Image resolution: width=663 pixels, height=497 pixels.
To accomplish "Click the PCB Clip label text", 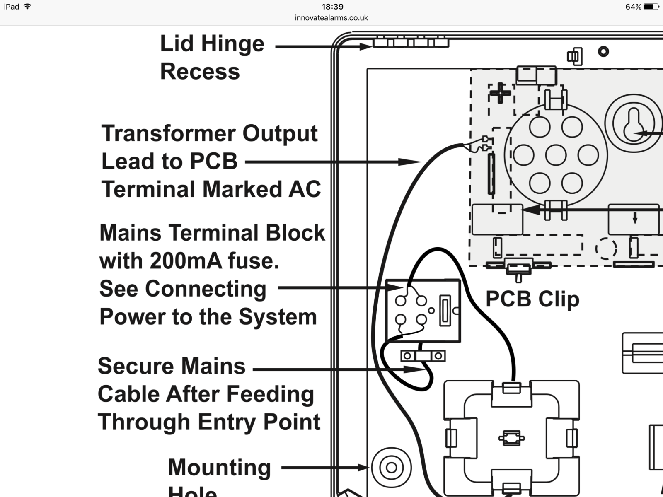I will (532, 299).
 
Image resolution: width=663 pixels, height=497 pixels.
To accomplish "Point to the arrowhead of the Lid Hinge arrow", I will (366, 47).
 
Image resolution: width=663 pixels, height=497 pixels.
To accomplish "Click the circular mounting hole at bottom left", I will (392, 468).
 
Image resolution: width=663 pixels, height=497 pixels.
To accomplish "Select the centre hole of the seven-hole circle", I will (556, 156).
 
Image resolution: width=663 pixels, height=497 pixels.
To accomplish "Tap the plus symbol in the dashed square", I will (500, 93).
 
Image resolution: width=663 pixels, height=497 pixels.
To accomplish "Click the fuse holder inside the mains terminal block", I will (445, 311).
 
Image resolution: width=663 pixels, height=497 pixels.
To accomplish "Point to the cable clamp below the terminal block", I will (423, 356).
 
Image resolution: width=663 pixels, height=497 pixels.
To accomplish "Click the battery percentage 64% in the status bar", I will (633, 7).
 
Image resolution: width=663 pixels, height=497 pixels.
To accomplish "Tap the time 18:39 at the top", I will (332, 7).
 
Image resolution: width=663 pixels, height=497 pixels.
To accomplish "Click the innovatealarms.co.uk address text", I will (331, 18).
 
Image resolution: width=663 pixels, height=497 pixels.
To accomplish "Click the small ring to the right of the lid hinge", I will (603, 51).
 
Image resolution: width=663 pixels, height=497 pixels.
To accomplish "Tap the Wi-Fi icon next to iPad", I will (28, 7).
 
